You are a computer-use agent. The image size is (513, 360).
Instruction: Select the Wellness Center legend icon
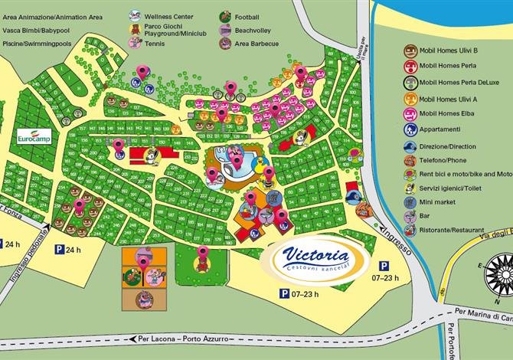pyautogui.click(x=134, y=15)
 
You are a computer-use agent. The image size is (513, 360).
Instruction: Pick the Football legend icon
pyautogui.click(x=226, y=15)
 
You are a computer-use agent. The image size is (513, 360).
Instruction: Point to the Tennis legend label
pyautogui.click(x=158, y=44)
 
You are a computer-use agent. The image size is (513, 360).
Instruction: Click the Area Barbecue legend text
pyautogui.click(x=261, y=44)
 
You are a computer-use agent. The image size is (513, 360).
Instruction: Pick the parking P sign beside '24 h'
pyautogui.click(x=59, y=250)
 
